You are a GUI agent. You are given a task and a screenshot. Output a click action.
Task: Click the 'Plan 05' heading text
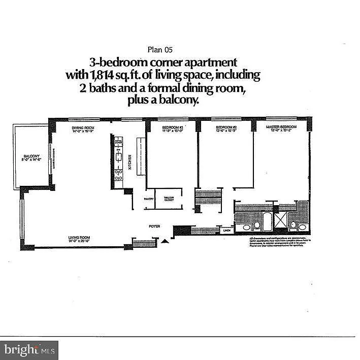tap(160, 49)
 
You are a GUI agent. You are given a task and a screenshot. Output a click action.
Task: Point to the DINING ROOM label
tap(83, 127)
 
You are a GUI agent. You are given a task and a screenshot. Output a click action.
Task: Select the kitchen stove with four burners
tap(119, 175)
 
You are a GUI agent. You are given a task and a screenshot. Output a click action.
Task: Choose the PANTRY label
tap(149, 199)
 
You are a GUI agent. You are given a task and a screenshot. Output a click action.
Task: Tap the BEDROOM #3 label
tap(172, 127)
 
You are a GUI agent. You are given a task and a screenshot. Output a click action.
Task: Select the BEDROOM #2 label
tap(226, 127)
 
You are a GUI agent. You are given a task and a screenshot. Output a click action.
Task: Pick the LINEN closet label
tap(226, 230)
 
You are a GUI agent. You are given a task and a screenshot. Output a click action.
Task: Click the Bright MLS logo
tap(29, 350)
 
